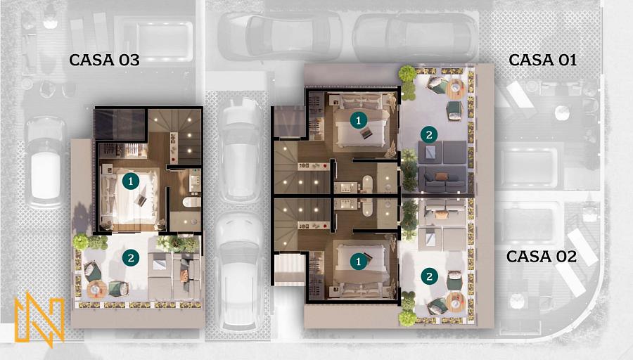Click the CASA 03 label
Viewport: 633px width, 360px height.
[x=104, y=60]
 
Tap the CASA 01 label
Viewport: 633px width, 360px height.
[x=542, y=60]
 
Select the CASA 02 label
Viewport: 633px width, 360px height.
[x=542, y=256]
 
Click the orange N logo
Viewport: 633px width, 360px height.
[x=39, y=319]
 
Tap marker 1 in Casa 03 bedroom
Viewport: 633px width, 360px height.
[x=130, y=181]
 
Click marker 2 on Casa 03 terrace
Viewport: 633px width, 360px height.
[x=130, y=257]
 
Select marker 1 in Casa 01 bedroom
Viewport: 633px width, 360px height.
[x=358, y=120]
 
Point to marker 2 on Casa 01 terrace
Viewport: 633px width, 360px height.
[x=429, y=135]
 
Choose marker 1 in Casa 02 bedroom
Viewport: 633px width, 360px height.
[x=358, y=262]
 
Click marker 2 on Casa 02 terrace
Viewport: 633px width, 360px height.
[x=429, y=276]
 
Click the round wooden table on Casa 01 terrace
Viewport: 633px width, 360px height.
[x=456, y=89]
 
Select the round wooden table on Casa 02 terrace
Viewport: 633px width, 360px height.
[x=456, y=301]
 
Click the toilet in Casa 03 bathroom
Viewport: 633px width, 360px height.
[x=191, y=202]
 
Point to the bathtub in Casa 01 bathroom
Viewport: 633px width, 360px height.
[x=367, y=184]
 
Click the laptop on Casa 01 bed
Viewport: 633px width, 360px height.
[x=366, y=133]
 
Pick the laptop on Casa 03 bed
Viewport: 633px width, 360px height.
[x=141, y=200]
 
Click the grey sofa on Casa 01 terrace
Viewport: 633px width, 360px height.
[x=444, y=179]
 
